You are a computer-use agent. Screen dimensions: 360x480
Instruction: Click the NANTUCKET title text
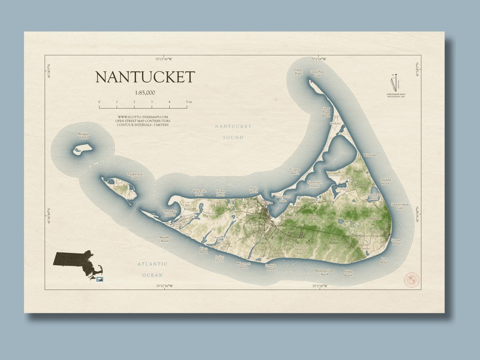145,77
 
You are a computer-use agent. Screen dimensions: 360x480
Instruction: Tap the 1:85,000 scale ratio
145,93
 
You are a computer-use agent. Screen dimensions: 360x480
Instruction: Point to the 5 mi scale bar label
189,102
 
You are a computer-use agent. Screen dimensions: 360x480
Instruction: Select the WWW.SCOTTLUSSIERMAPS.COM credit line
143,117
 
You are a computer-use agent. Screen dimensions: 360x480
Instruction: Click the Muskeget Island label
84,136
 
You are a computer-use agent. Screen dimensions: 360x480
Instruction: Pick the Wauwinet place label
370,155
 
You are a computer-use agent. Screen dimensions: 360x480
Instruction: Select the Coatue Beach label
295,171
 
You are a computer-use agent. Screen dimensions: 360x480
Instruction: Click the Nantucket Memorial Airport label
301,249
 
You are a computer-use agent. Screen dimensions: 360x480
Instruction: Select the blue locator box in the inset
100,279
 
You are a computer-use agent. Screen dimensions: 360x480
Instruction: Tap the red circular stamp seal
411,280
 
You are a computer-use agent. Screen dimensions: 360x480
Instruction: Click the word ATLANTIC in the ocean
152,264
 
